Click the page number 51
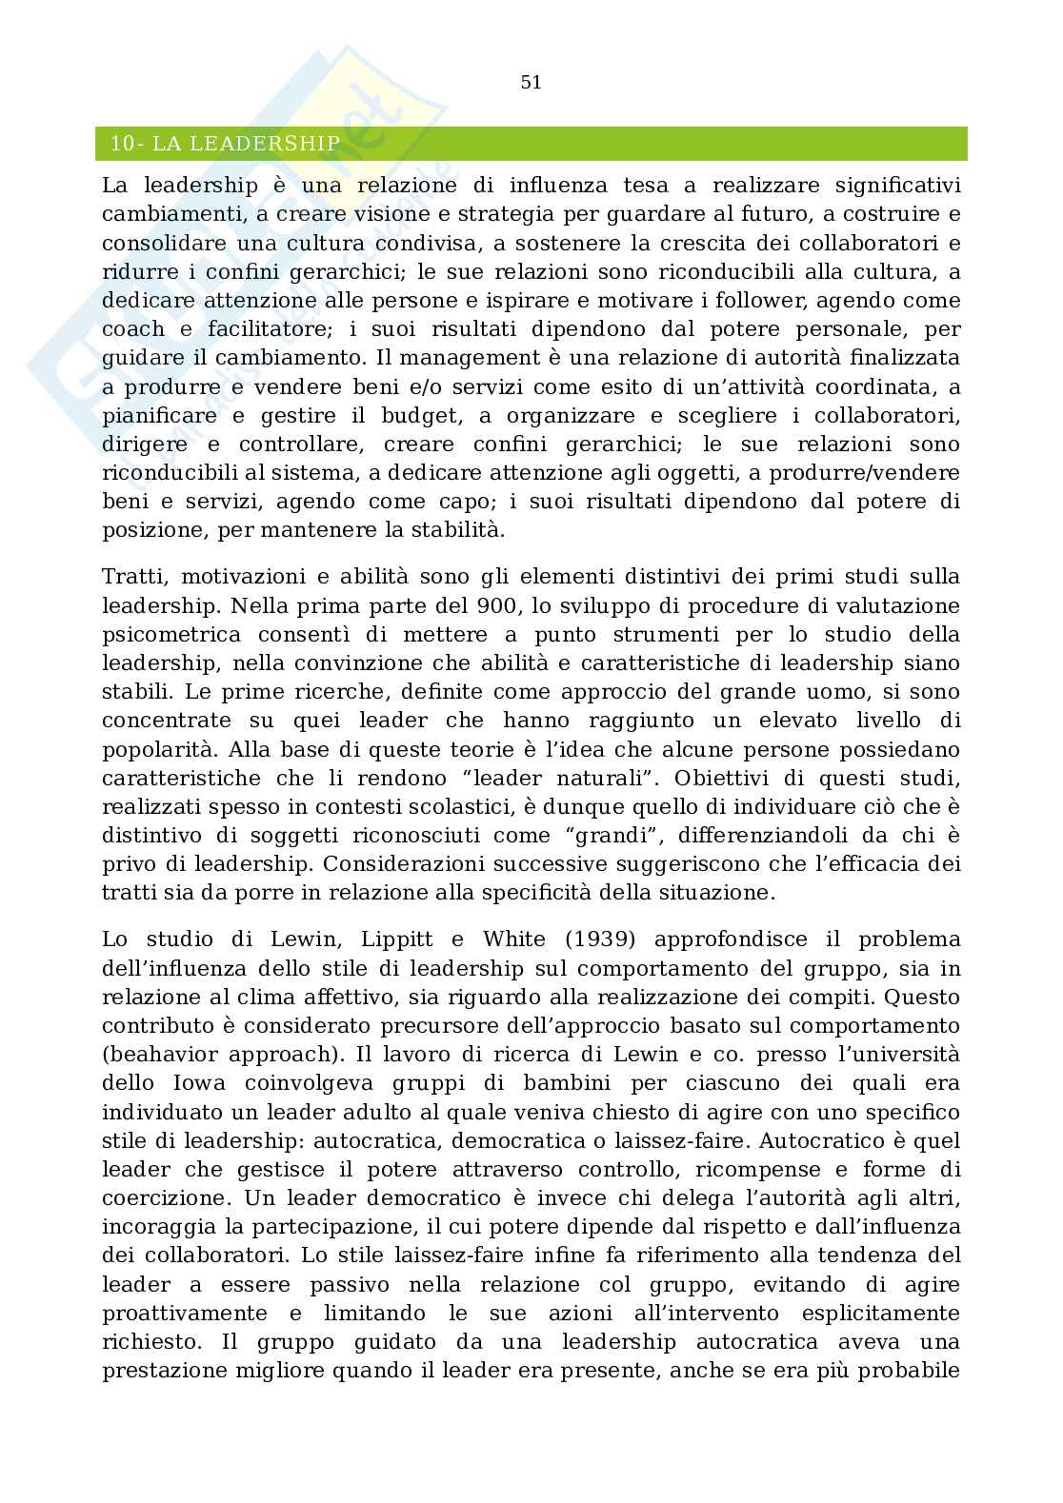pyautogui.click(x=531, y=83)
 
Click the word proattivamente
pyautogui.click(x=185, y=1313)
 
